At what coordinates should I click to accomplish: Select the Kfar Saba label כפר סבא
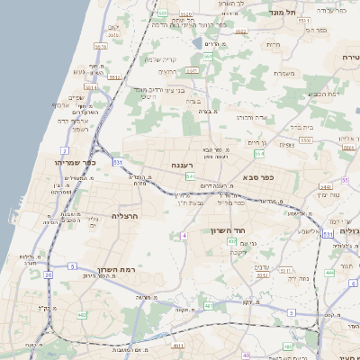point(258,177)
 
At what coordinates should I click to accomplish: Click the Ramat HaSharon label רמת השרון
point(112,270)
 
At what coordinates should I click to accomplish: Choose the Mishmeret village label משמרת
point(283,73)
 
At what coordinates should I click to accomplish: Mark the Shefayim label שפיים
point(76,97)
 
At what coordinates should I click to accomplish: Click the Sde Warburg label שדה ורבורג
point(251,117)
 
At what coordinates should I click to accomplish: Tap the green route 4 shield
point(184,235)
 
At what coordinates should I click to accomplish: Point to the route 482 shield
point(83,314)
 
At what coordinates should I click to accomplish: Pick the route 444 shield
point(329,272)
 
